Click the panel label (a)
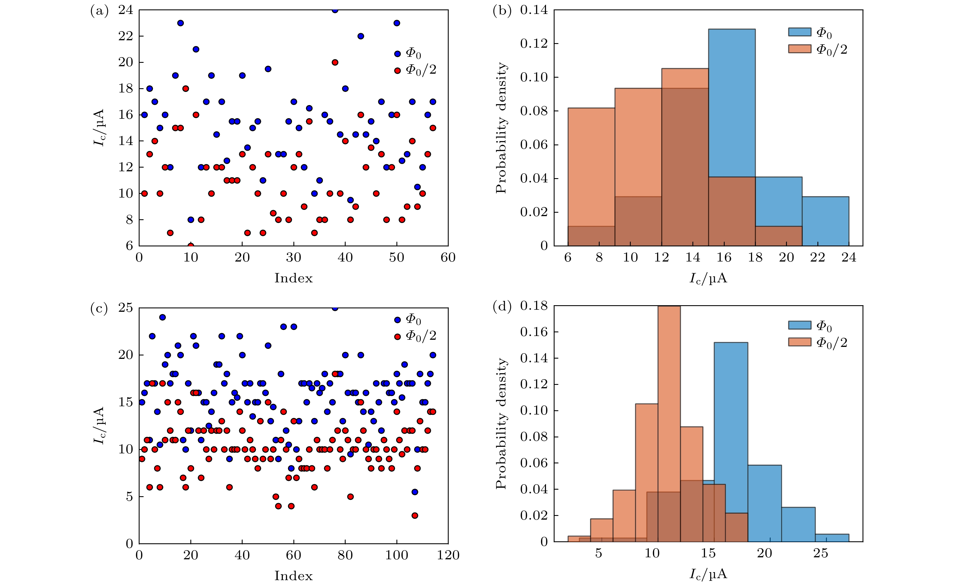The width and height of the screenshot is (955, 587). click(99, 11)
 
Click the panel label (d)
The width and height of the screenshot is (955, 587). click(502, 307)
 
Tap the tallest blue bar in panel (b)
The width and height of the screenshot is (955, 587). click(732, 136)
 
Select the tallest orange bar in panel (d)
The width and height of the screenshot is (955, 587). click(669, 423)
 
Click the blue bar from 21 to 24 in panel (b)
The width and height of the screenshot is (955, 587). click(825, 221)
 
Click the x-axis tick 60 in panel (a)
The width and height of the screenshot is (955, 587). click(448, 258)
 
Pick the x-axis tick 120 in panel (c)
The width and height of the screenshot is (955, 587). click(448, 555)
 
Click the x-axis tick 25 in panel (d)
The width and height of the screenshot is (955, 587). click(820, 553)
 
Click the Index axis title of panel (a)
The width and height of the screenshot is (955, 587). click(293, 278)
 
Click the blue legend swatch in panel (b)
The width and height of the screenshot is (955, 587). click(799, 32)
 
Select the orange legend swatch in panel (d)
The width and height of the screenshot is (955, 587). click(799, 342)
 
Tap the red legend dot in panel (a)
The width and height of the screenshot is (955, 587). click(397, 71)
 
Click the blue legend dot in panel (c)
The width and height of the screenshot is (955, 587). click(397, 320)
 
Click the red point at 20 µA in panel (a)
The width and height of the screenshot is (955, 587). click(335, 63)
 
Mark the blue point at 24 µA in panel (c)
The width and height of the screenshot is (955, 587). click(162, 317)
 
